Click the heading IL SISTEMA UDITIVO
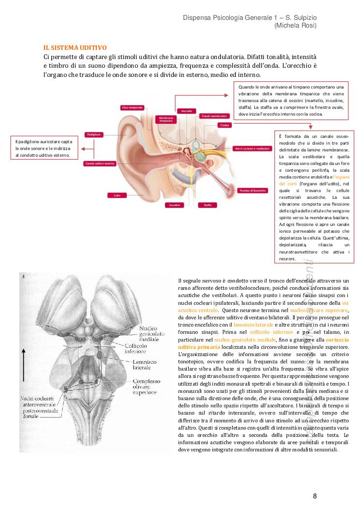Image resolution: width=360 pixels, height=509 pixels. [75, 48]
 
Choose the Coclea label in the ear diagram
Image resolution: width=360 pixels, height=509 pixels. [224, 125]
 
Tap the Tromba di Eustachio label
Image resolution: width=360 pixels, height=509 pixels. [253, 191]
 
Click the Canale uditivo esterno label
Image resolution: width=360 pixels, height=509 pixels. [100, 164]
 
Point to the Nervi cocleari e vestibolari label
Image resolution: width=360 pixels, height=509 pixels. [252, 149]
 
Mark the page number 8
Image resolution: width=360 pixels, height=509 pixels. [315, 496]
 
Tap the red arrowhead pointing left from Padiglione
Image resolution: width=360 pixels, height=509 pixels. [83, 149]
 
